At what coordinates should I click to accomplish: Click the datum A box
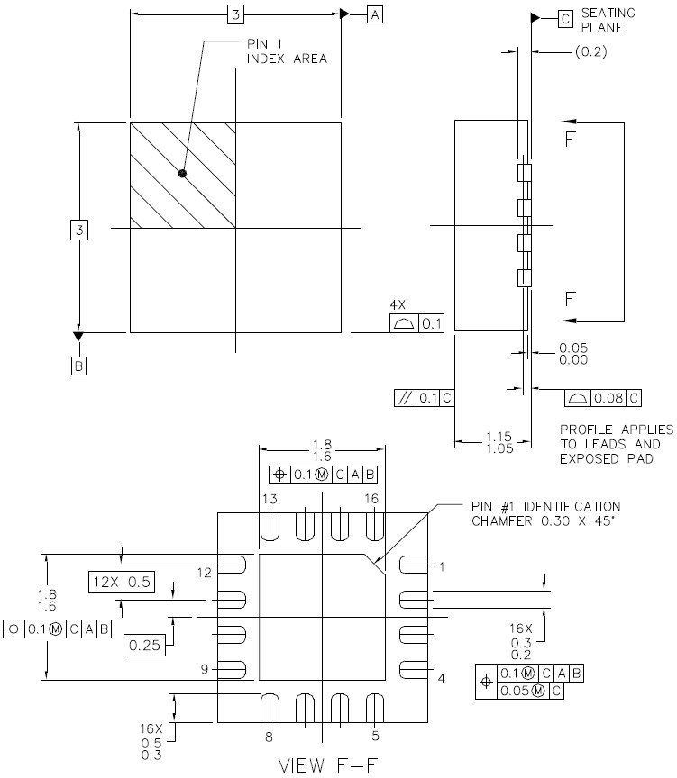[374, 15]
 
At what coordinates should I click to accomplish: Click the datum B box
[78, 366]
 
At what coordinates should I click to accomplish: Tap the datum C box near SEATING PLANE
[565, 19]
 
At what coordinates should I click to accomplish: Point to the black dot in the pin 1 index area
[182, 173]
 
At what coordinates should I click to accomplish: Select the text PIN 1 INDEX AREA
[287, 51]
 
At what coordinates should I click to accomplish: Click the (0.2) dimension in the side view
[590, 51]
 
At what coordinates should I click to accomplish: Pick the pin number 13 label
[270, 499]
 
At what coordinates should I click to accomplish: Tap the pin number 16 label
[371, 499]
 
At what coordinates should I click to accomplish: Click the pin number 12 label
[204, 573]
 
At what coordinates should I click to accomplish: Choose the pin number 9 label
[204, 669]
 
